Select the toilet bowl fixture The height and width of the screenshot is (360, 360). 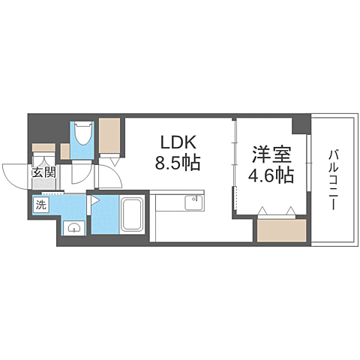click(x=81, y=136)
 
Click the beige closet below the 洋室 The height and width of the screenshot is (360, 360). click(x=280, y=231)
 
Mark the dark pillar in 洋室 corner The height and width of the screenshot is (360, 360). click(x=301, y=121)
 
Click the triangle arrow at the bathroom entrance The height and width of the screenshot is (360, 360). click(x=97, y=201)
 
